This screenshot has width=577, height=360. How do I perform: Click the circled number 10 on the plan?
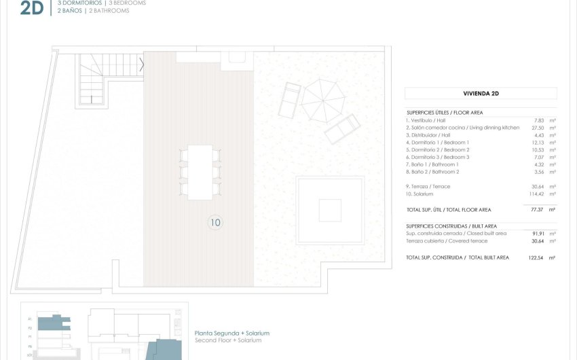(x=215, y=222)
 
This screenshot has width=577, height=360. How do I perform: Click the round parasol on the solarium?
(x=323, y=101)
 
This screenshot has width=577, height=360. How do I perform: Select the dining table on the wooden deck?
(x=200, y=172)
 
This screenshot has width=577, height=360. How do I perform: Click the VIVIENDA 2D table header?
(x=481, y=94)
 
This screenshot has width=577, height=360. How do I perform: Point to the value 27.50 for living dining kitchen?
(x=538, y=128)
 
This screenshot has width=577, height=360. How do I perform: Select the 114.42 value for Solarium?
(x=536, y=194)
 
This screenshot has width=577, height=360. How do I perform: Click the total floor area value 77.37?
(x=538, y=210)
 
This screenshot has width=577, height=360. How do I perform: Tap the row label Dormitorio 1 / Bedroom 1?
(x=438, y=143)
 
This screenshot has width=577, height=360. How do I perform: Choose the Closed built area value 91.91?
(x=538, y=233)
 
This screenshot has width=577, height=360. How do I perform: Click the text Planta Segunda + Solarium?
(x=231, y=333)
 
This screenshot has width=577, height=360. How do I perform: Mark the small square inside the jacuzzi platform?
(x=330, y=210)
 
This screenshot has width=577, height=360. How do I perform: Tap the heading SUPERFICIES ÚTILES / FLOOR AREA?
(x=445, y=112)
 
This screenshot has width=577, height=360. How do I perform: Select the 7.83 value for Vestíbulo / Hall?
(x=538, y=120)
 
